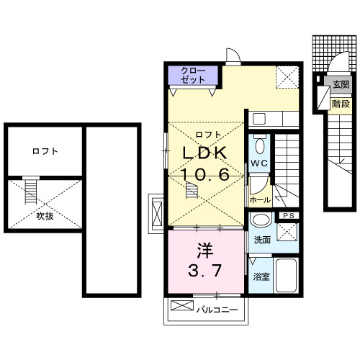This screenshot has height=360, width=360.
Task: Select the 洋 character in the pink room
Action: coord(205,252)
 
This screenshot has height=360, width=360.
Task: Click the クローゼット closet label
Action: coord(192,74)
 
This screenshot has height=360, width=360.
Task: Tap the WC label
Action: coord(259,163)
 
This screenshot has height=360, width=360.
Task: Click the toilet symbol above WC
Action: coord(260,143)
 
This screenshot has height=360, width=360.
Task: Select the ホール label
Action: coord(259,199)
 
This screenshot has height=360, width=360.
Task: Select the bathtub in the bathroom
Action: coord(287,276)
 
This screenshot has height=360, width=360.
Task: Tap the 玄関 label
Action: coord(341,84)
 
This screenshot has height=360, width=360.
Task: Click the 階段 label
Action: coord(341,104)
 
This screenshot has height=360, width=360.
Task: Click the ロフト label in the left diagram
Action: coord(45,152)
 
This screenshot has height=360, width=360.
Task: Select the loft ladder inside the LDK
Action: coord(192,191)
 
